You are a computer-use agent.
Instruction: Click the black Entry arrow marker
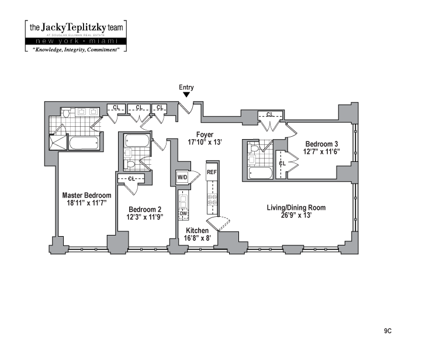click(x=186, y=95)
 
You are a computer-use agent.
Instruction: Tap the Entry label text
click(x=186, y=87)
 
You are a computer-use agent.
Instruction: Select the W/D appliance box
click(x=182, y=176)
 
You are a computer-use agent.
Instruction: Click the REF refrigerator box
click(x=212, y=172)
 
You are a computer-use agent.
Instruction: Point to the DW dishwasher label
click(x=183, y=214)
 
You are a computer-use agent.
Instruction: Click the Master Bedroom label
click(x=86, y=195)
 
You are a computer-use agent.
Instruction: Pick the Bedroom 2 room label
click(x=145, y=209)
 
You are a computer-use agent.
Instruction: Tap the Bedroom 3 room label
click(x=321, y=144)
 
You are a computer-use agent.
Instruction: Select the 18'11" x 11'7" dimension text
click(x=86, y=203)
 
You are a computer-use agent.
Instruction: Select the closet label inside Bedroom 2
click(x=131, y=178)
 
